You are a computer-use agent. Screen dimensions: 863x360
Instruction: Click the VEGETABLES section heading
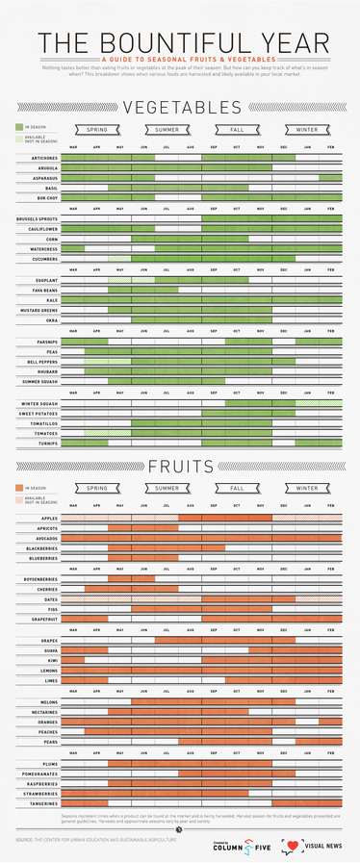180,108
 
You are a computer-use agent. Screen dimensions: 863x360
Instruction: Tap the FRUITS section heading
180,467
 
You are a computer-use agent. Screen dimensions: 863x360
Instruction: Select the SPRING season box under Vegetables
97,129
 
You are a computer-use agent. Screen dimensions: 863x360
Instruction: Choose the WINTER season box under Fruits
306,488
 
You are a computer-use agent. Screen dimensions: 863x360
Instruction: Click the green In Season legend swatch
19,127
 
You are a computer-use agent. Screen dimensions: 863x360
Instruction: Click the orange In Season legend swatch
19,488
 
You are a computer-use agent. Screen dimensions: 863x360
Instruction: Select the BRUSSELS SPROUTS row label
39,219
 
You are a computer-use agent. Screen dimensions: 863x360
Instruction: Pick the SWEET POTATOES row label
40,413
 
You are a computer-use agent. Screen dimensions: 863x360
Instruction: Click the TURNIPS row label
49,444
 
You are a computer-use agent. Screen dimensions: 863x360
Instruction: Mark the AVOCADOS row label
46,538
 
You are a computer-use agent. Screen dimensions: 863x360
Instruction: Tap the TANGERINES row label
44,803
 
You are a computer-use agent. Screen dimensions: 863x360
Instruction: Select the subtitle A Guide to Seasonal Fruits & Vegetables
180,59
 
